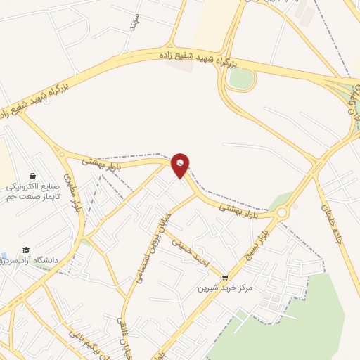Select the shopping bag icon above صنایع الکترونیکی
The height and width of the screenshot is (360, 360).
click(x=32, y=176)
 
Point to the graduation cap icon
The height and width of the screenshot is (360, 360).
click(x=26, y=250)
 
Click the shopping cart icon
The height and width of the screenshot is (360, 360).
click(x=225, y=278)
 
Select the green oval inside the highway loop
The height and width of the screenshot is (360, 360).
click(x=240, y=79)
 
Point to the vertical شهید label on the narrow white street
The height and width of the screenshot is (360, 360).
click(x=134, y=20)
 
